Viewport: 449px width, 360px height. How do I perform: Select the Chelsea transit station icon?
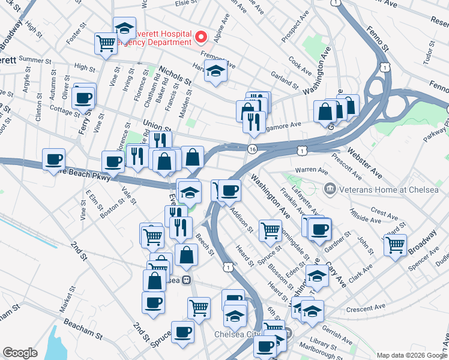(187, 280)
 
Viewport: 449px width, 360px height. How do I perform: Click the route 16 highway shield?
(252, 149)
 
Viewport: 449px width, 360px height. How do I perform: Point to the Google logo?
(20, 353)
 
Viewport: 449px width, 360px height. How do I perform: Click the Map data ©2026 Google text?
(412, 355)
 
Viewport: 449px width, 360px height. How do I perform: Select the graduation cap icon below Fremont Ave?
(215, 71)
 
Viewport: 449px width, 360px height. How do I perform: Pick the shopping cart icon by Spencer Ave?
(395, 245)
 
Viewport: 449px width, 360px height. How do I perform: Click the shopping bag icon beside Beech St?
(186, 254)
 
